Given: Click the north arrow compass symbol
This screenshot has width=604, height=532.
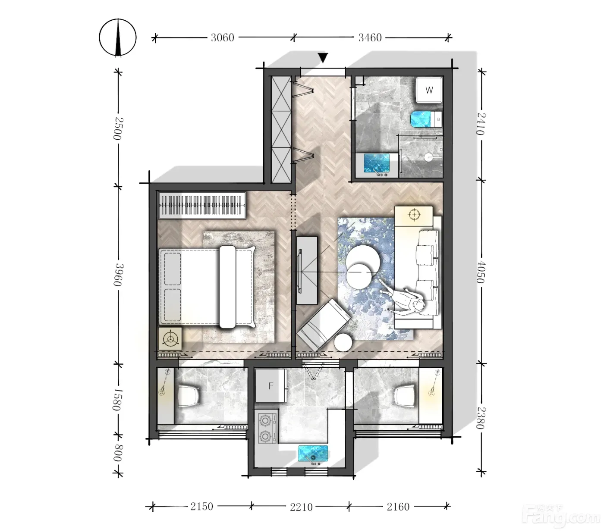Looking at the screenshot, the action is tap(117, 38).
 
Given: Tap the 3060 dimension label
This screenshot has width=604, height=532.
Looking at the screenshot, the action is tap(222, 38).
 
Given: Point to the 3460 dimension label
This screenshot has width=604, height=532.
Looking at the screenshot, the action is tap(370, 38).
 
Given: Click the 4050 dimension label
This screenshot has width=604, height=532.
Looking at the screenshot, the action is tap(481, 272).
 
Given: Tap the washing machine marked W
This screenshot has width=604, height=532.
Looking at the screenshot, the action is tap(429, 90).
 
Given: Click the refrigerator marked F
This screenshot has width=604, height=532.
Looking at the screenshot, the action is tap(271, 386).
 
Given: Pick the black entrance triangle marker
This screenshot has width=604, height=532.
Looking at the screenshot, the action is tap(323, 57).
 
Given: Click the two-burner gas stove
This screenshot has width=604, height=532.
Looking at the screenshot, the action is tap(266, 428).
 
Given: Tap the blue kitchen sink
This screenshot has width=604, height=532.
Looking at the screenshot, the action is tap(313, 454).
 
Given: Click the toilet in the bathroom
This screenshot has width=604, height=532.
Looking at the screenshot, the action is tap(425, 119).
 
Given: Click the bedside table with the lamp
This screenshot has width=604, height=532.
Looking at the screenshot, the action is tap(170, 338).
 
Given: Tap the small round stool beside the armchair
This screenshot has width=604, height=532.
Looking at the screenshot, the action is tap(343, 342).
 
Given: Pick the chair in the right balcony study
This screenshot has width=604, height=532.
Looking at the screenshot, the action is tap(405, 396).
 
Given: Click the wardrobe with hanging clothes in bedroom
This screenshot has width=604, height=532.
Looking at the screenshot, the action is tap(202, 205).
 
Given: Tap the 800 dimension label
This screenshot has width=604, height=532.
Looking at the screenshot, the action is tap(117, 453).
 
